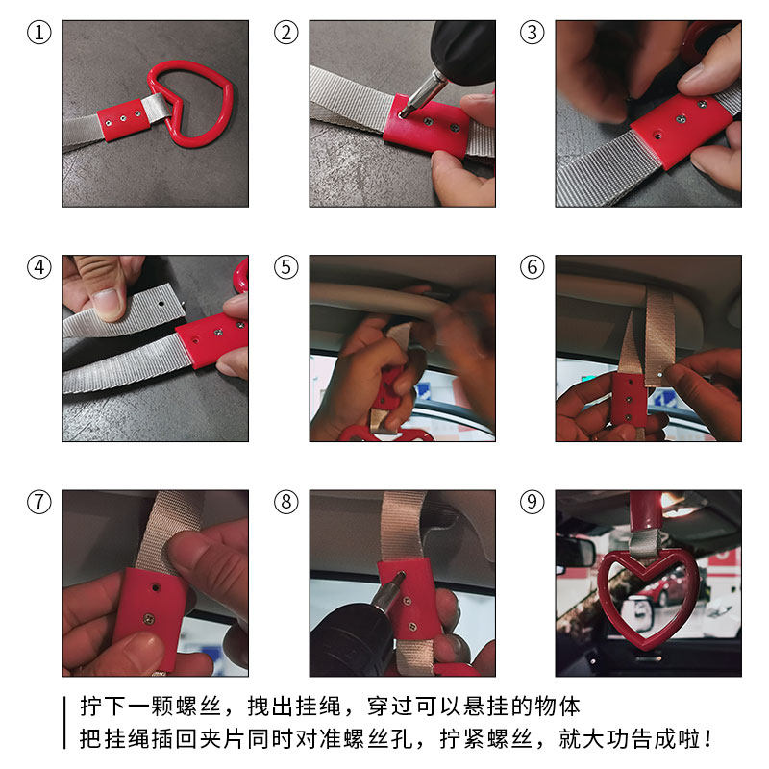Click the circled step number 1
(x=39, y=33)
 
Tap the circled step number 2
(x=285, y=33)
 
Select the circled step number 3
(x=533, y=33)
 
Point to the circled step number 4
(x=39, y=267)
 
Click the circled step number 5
(x=285, y=267)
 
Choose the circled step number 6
(x=533, y=267)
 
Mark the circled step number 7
(x=39, y=502)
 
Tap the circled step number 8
(x=285, y=502)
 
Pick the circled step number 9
(x=533, y=502)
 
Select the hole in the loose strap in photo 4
(x=161, y=304)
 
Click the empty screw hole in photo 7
(x=156, y=587)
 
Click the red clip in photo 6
(x=629, y=400)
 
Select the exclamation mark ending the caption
(x=707, y=739)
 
